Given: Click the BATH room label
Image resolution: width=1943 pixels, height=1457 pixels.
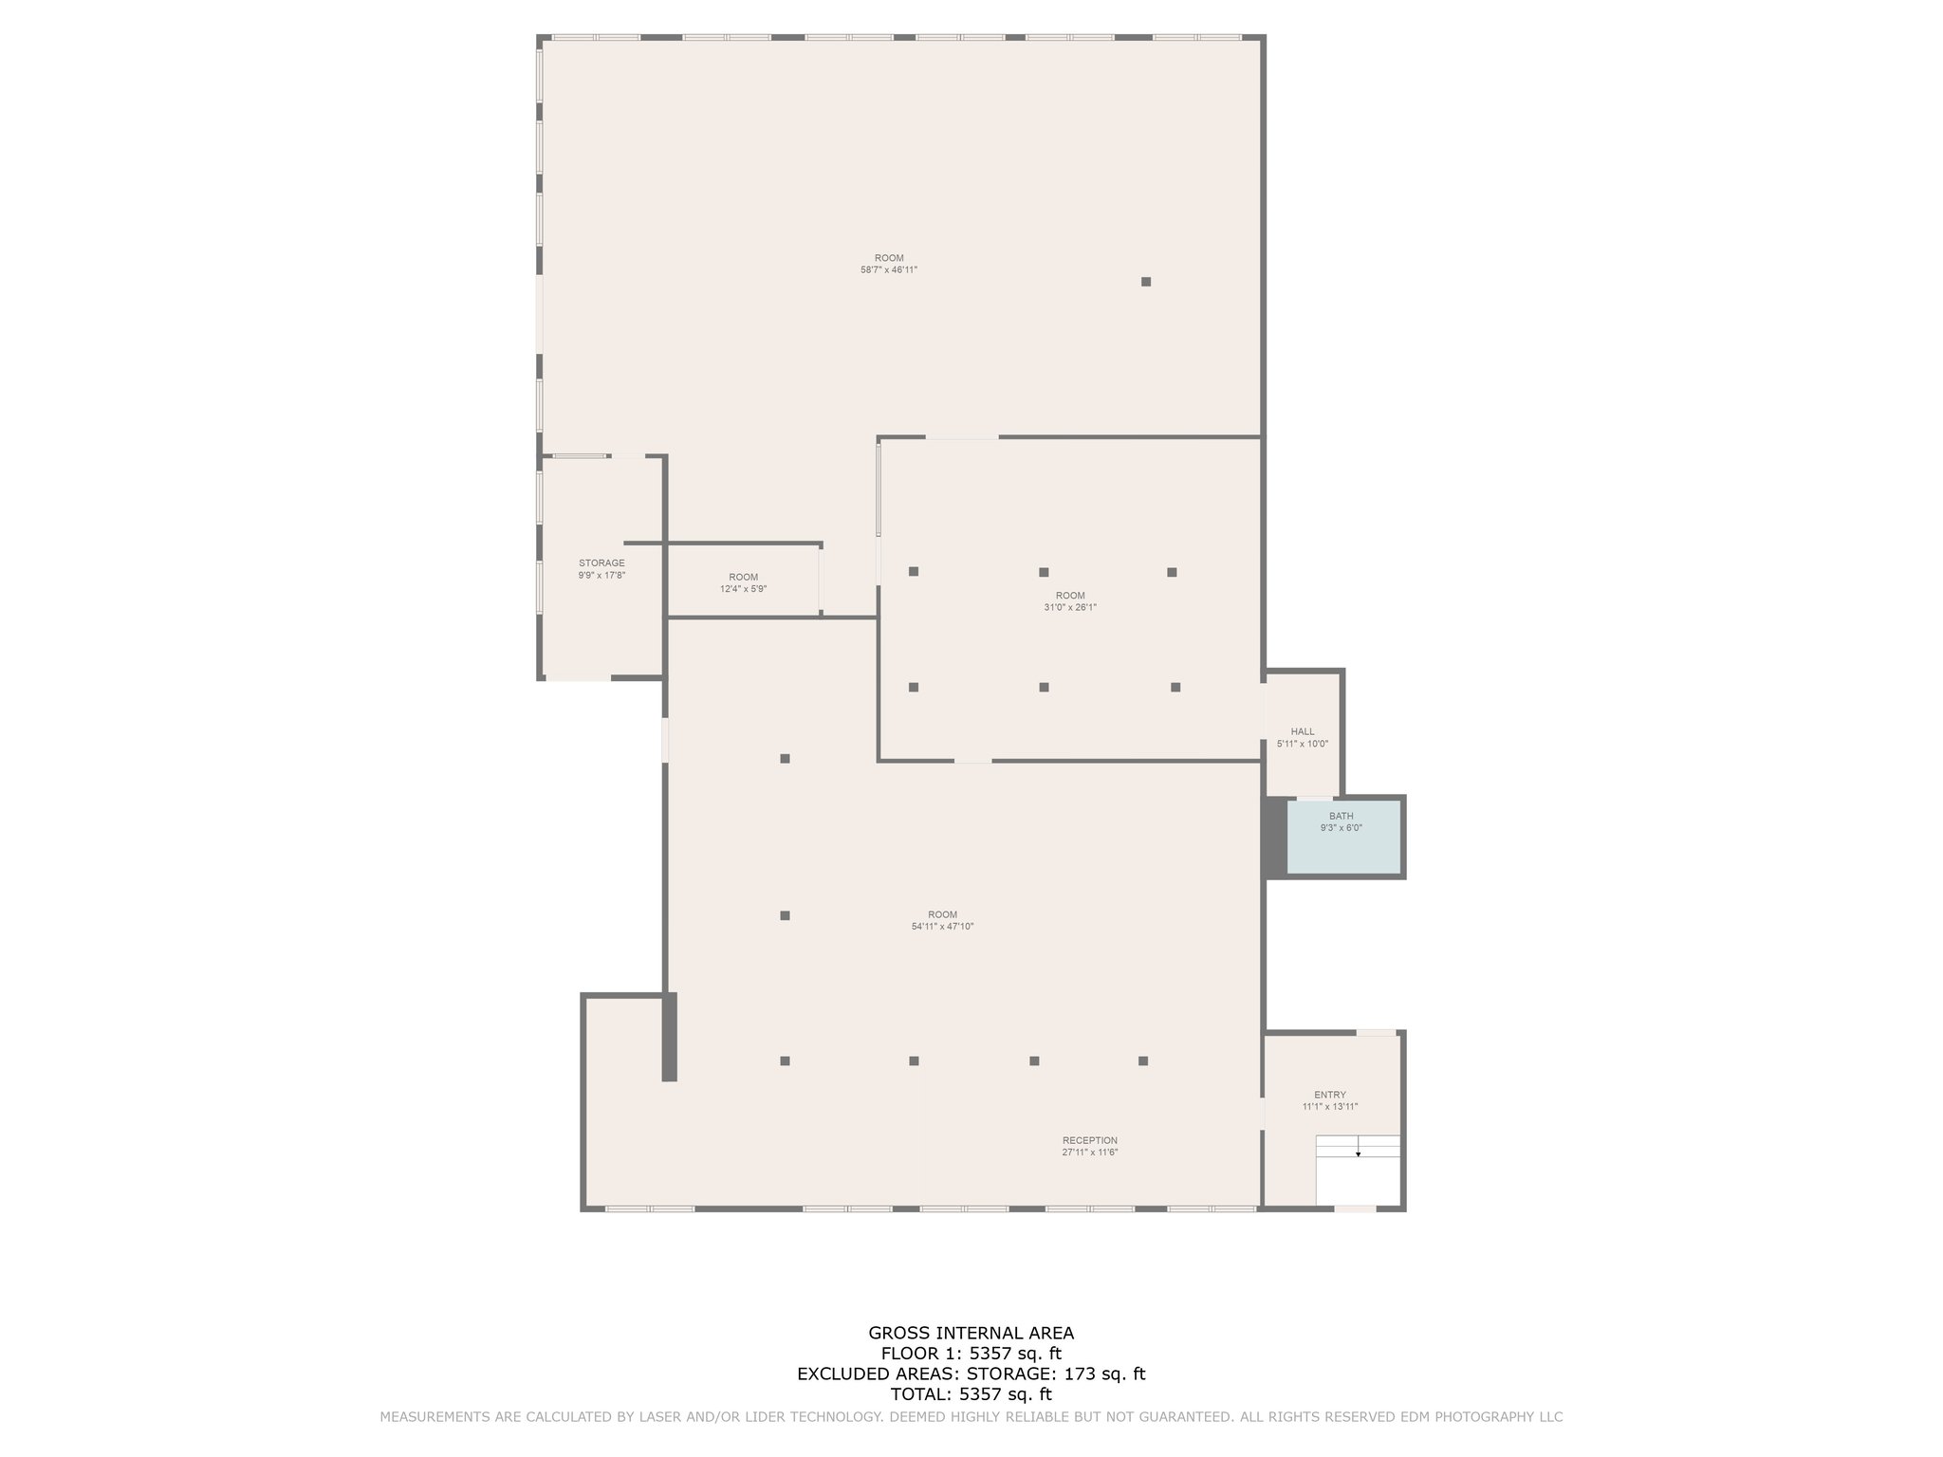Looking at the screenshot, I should tap(1341, 816).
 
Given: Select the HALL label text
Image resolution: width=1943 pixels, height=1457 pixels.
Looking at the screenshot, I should tap(1303, 731).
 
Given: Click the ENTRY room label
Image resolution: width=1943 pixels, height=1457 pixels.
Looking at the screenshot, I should tap(1329, 1095).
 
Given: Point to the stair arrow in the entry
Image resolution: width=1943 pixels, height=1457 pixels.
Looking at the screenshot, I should tap(1358, 1153).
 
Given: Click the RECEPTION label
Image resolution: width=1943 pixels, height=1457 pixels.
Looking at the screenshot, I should tap(1089, 1140).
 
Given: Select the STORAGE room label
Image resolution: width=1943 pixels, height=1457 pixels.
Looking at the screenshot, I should tap(601, 563).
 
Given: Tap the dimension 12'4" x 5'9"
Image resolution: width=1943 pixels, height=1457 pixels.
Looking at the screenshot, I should tap(743, 589).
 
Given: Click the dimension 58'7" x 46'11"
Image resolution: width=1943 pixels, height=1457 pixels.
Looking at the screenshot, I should tap(888, 270).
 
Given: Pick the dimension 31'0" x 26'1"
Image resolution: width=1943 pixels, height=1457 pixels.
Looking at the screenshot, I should tap(1069, 608).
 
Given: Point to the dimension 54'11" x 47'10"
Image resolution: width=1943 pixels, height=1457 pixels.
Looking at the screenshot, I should tap(942, 927).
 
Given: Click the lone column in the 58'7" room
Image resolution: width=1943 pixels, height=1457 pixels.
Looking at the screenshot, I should tap(1145, 282).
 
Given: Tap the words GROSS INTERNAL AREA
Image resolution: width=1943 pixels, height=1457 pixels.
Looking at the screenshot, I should tap(971, 1333).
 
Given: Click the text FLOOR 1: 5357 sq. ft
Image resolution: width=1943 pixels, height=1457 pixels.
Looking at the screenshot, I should tap(971, 1354).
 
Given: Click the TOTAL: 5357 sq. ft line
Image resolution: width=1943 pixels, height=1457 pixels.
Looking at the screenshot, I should tap(971, 1394).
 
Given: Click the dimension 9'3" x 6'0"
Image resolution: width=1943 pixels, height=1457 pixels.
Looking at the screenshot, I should tap(1341, 828).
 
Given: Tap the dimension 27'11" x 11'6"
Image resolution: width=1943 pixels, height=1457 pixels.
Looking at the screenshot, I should tap(1089, 1153).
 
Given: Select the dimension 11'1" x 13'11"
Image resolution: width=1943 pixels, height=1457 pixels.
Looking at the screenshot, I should tap(1329, 1107).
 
